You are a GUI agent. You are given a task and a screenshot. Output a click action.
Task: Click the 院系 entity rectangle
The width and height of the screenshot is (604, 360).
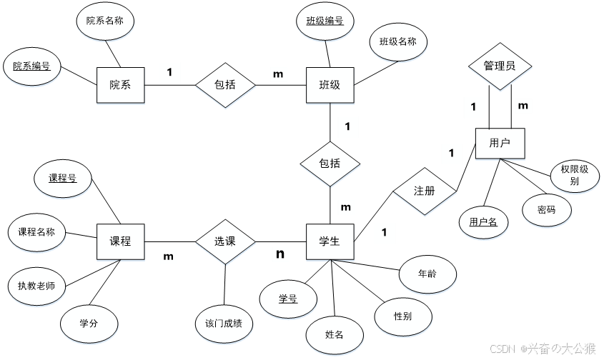pyautogui.click(x=120, y=85)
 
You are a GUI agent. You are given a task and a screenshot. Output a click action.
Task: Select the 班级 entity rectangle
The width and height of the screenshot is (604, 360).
pyautogui.click(x=330, y=85)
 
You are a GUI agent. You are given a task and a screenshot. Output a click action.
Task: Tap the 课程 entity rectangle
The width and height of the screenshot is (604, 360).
pyautogui.click(x=120, y=241)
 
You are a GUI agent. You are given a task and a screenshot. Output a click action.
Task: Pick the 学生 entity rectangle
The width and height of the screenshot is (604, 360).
pyautogui.click(x=330, y=241)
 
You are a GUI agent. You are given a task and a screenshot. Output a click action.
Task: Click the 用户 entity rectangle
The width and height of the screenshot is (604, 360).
pyautogui.click(x=500, y=144)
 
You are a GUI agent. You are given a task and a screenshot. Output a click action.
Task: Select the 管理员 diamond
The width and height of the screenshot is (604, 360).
pyautogui.click(x=500, y=66)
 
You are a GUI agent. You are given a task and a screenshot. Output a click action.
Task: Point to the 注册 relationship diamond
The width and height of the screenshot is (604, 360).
pyautogui.click(x=424, y=191)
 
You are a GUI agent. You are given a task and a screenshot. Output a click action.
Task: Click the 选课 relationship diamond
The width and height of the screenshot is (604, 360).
pyautogui.click(x=225, y=241)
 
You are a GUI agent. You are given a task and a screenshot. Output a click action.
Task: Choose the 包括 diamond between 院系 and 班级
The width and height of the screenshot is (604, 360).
pyautogui.click(x=225, y=85)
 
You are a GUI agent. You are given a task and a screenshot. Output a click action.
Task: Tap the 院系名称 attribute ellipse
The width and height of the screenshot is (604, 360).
pyautogui.click(x=104, y=21)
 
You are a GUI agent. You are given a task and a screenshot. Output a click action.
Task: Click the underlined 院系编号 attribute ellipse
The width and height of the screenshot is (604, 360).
pyautogui.click(x=31, y=66)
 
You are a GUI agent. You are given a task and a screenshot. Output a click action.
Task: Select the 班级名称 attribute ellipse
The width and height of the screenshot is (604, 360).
pyautogui.click(x=397, y=41)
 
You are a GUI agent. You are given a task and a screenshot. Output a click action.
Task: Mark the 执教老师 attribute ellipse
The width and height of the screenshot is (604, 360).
pyautogui.click(x=36, y=286)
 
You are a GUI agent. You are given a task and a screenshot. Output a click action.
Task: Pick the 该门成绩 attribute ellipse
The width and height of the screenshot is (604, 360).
pyautogui.click(x=223, y=324)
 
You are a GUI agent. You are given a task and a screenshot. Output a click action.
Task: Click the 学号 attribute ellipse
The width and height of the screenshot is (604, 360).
pyautogui.click(x=288, y=299)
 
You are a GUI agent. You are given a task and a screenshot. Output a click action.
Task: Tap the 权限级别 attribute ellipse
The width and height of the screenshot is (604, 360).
pyautogui.click(x=574, y=176)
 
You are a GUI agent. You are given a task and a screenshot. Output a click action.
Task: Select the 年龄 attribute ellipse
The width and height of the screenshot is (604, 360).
pyautogui.click(x=427, y=274)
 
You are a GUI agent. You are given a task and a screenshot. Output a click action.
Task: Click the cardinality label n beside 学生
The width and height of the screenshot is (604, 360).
pyautogui.click(x=281, y=254)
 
